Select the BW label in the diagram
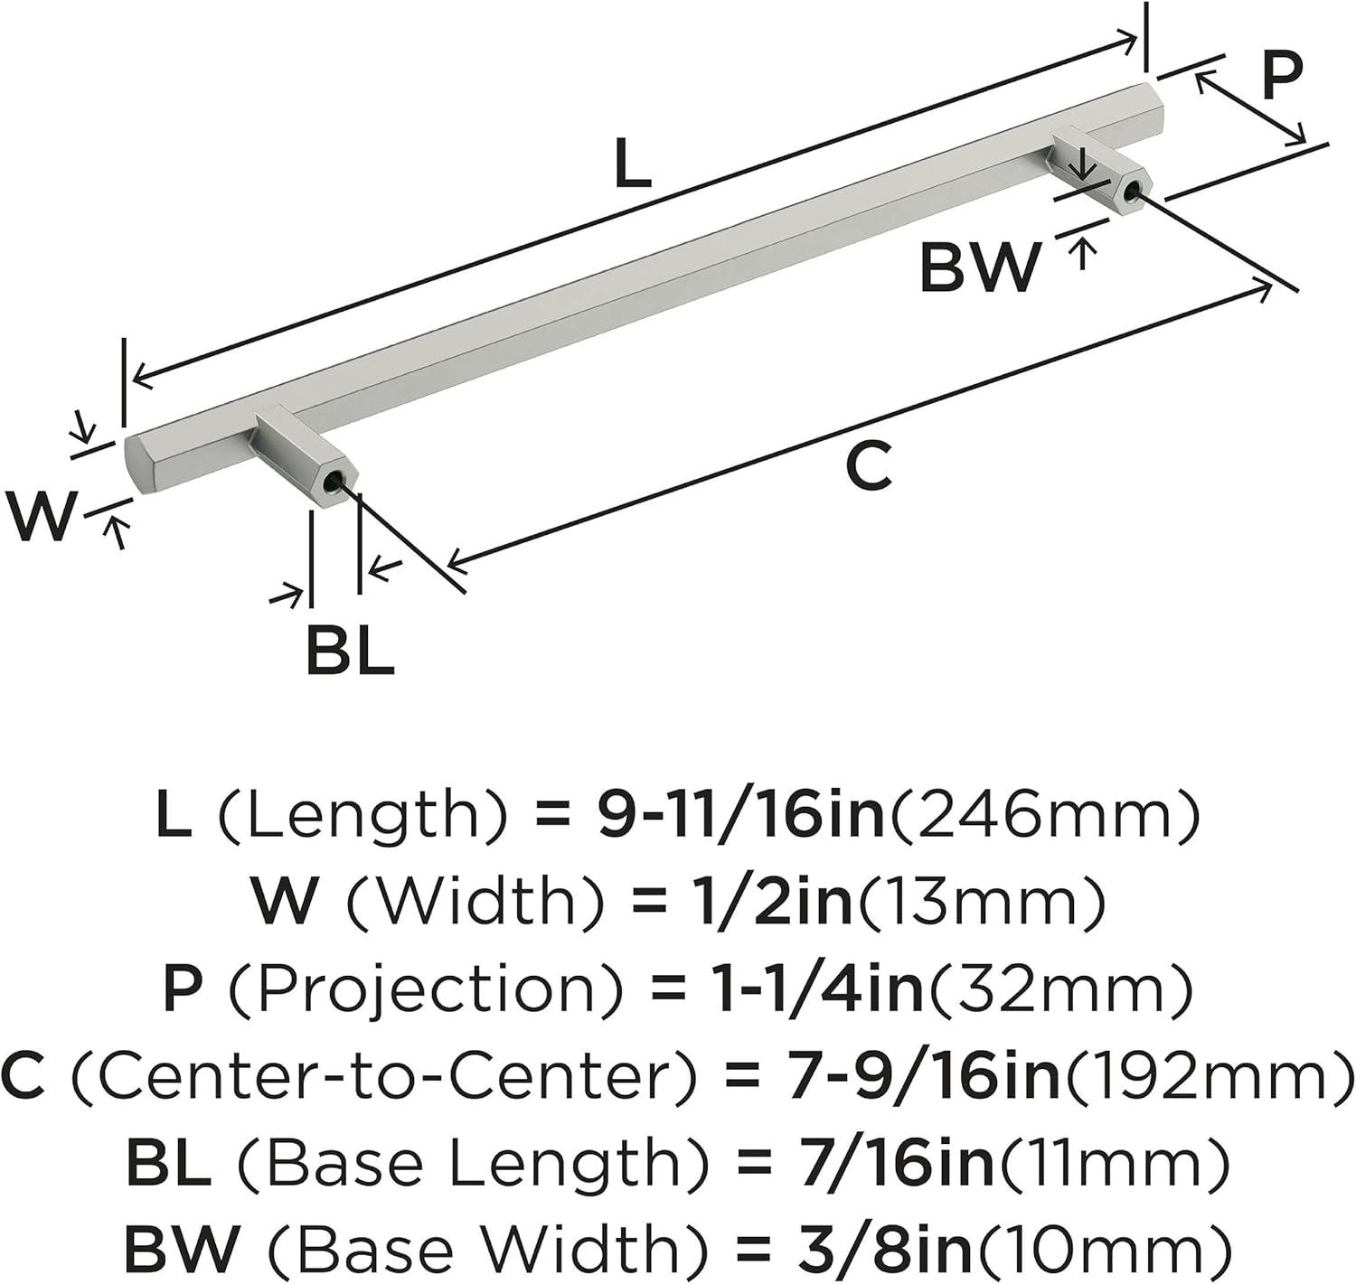[979, 269]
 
